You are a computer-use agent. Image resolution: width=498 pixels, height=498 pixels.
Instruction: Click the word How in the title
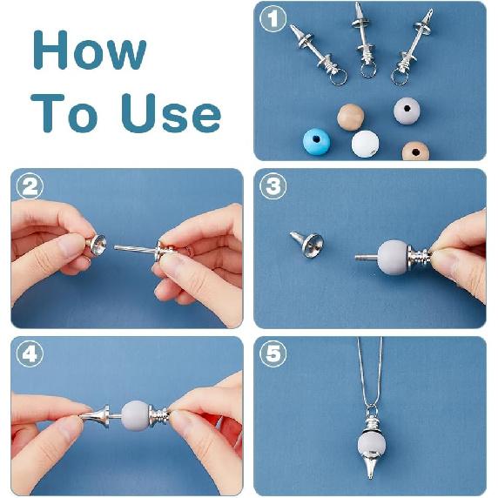point(90,50)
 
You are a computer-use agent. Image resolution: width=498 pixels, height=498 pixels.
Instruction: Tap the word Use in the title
point(171,113)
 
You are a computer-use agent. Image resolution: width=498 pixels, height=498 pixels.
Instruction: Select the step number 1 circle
point(273,19)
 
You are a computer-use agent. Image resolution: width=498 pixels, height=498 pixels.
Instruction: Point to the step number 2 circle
point(30,185)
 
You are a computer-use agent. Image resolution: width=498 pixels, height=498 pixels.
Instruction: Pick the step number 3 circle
point(273,185)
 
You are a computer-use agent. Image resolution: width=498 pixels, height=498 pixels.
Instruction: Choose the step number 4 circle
point(30,353)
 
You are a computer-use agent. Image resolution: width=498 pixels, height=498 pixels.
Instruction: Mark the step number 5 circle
point(273,353)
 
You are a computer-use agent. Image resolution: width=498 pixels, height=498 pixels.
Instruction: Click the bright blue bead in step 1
point(316,142)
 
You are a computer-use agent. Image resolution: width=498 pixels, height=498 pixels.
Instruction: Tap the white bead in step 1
point(366,144)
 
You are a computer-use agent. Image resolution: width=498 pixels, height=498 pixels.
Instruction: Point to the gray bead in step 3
point(394,256)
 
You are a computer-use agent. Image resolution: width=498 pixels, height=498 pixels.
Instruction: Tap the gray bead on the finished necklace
point(372,444)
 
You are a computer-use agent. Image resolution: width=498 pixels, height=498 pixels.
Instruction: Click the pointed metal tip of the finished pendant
point(370,475)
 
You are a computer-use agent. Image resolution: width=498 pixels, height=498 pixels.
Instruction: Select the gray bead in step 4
point(136,415)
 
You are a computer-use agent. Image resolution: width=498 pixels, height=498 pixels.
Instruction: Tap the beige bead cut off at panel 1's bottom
point(415,151)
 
